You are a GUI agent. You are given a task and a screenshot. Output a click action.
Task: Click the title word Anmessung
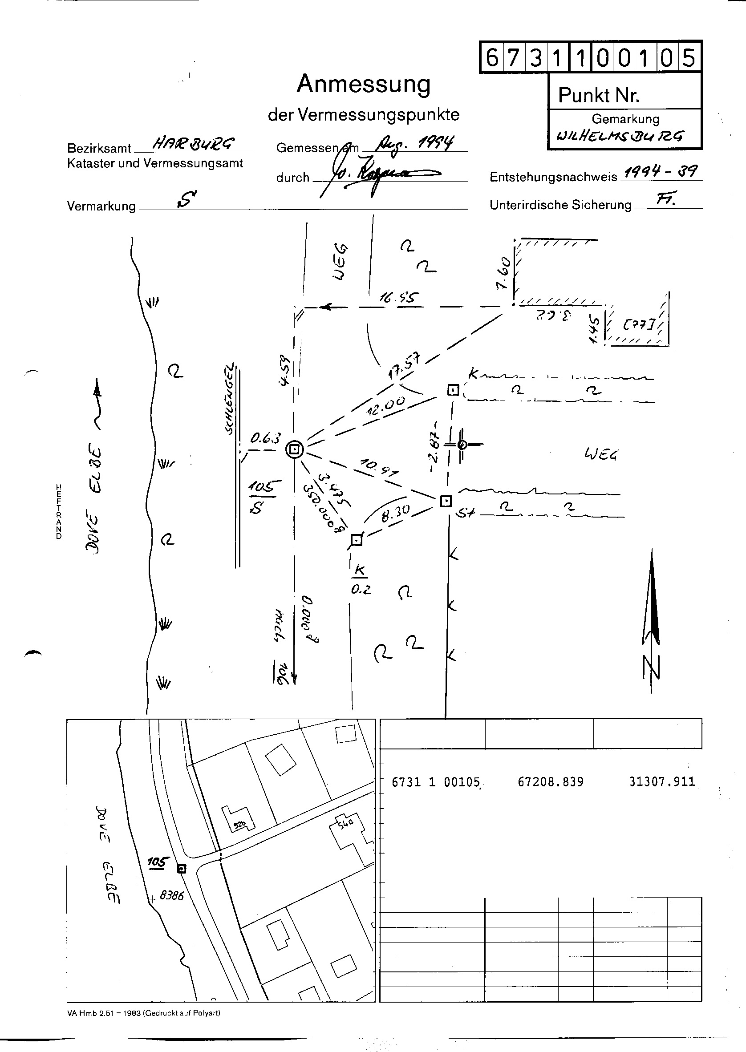click(363, 84)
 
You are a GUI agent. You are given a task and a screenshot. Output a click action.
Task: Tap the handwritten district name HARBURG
click(193, 144)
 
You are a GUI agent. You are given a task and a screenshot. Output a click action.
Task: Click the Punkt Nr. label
click(599, 95)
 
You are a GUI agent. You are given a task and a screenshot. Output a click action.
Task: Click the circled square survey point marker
click(295, 449)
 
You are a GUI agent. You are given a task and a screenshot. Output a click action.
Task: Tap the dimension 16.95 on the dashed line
click(399, 298)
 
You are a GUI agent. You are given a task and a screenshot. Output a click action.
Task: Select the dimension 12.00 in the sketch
click(386, 405)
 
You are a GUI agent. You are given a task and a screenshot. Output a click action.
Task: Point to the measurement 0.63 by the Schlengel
click(265, 438)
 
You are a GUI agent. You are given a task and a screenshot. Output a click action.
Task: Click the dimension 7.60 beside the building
click(503, 273)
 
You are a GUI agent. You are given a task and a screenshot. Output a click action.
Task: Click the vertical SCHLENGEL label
click(230, 399)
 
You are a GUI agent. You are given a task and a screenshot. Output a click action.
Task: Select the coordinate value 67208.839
click(550, 781)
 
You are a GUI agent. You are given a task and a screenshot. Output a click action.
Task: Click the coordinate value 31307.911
click(662, 781)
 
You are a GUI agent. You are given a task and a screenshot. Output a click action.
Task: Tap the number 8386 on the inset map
click(171, 895)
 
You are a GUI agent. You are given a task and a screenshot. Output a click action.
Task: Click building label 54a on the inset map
click(345, 823)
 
